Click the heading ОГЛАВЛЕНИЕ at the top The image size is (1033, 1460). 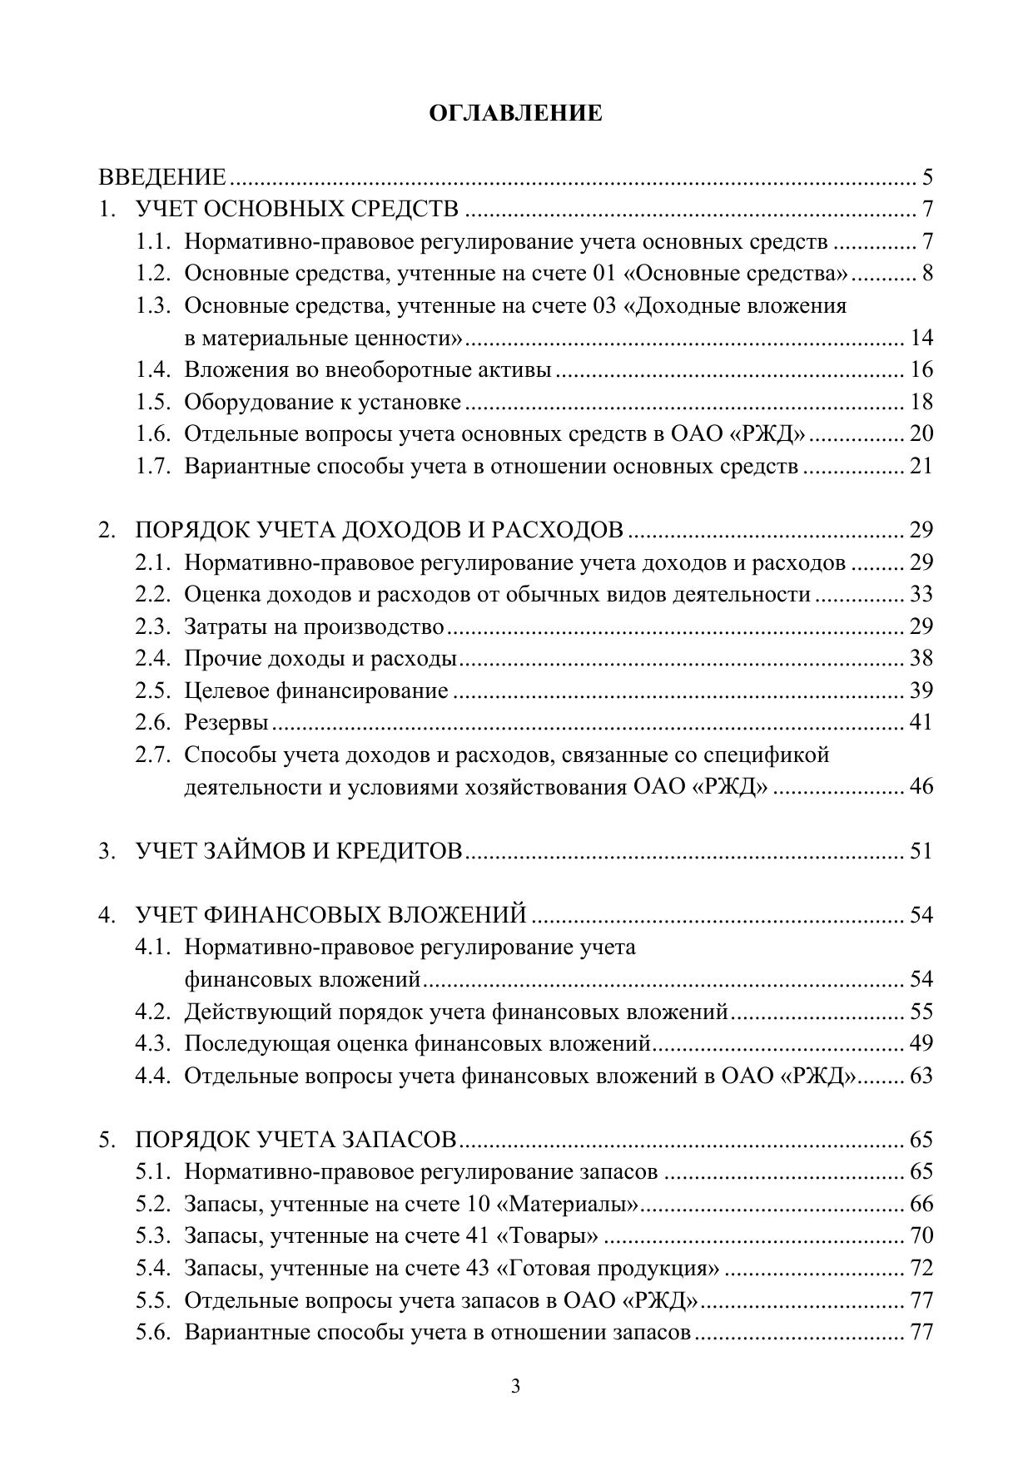(515, 114)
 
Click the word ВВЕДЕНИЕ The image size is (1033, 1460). (162, 177)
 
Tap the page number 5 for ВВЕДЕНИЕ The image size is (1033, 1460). (927, 177)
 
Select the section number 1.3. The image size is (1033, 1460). (153, 306)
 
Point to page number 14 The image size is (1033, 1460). (921, 338)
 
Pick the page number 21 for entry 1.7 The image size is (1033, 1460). (921, 466)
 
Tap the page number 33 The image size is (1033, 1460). (921, 595)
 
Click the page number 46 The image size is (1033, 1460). (921, 787)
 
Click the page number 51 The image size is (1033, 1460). (921, 851)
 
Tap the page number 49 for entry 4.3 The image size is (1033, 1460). (921, 1043)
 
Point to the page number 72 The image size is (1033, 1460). (921, 1269)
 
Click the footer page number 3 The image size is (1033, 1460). (516, 1386)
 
